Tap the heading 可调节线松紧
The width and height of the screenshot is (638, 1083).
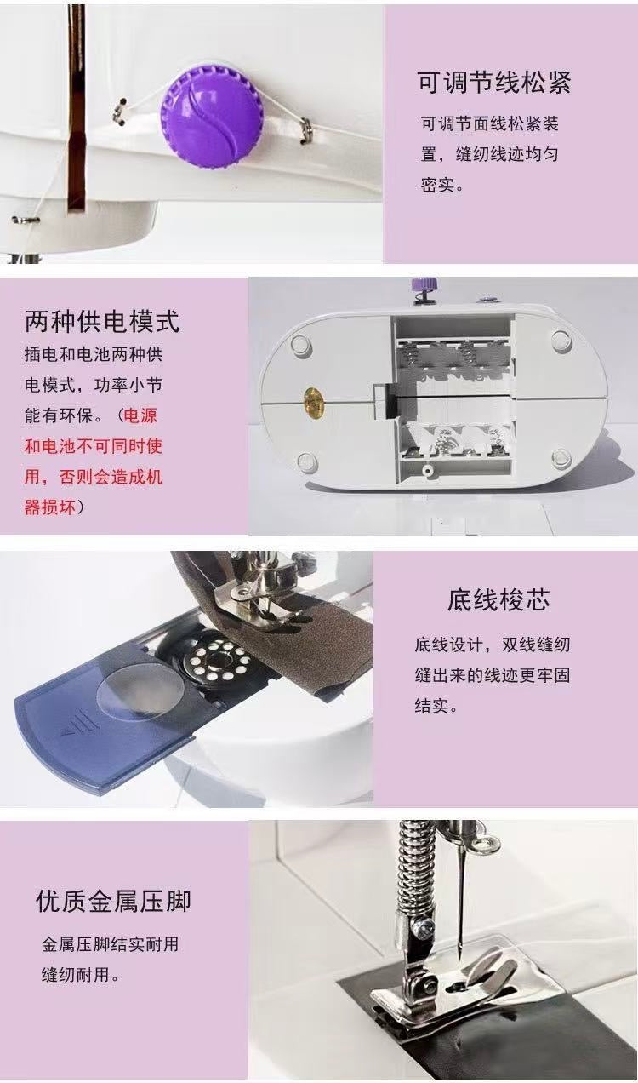tap(494, 83)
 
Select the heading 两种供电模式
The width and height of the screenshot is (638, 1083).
tap(102, 320)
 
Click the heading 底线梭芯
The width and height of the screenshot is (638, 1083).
tap(498, 599)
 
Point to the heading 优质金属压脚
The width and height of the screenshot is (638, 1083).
tap(113, 900)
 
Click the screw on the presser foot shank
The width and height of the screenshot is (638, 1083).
tap(423, 925)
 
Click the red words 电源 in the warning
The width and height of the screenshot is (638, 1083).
tap(140, 415)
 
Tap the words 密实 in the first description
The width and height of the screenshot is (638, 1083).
tap(436, 185)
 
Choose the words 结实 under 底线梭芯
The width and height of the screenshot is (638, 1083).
tap(431, 706)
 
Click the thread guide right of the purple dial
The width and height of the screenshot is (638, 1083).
tap(305, 130)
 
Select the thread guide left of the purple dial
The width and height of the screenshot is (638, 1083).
tap(120, 112)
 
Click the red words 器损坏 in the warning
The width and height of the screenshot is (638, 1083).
tap(50, 507)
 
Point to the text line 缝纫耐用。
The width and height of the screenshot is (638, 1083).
tap(80, 974)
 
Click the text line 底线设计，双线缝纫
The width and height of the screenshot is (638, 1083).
tap(493, 645)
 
